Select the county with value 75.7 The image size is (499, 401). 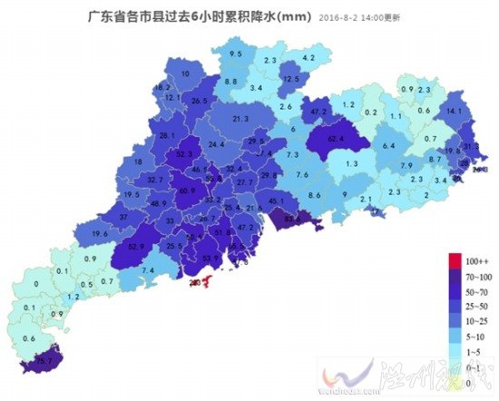pos(42,362)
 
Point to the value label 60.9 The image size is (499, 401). pos(187,191)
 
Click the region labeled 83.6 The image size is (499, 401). pos(293,219)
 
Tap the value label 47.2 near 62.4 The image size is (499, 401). pos(318,112)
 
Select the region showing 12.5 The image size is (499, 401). pos(291,80)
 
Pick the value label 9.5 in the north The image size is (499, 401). pos(236,55)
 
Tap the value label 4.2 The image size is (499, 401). pos(308,58)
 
